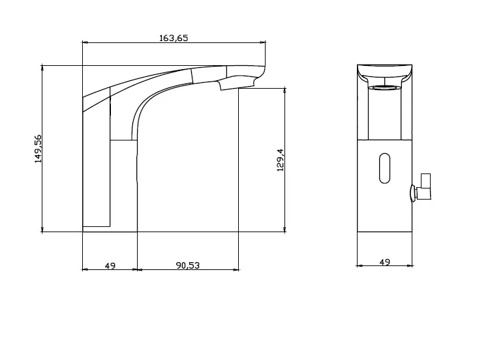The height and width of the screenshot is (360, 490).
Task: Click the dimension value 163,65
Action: [174, 38]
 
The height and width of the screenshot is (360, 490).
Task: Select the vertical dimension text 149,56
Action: [38, 149]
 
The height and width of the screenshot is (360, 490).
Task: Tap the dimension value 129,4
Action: [281, 160]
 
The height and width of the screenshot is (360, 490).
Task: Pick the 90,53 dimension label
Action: [187, 265]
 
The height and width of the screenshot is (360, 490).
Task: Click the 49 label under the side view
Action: [110, 265]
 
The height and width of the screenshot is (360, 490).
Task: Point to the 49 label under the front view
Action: [385, 262]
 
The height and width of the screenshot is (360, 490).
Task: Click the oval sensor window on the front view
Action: [385, 168]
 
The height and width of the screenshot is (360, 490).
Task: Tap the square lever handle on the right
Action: [425, 187]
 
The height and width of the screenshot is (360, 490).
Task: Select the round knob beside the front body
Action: [414, 193]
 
